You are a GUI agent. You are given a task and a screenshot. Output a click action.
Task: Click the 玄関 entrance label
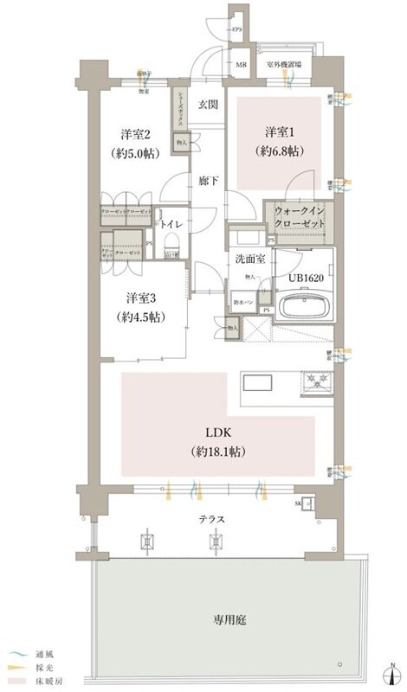(207, 105)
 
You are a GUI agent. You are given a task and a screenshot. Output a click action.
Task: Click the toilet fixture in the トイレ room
(171, 249)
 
